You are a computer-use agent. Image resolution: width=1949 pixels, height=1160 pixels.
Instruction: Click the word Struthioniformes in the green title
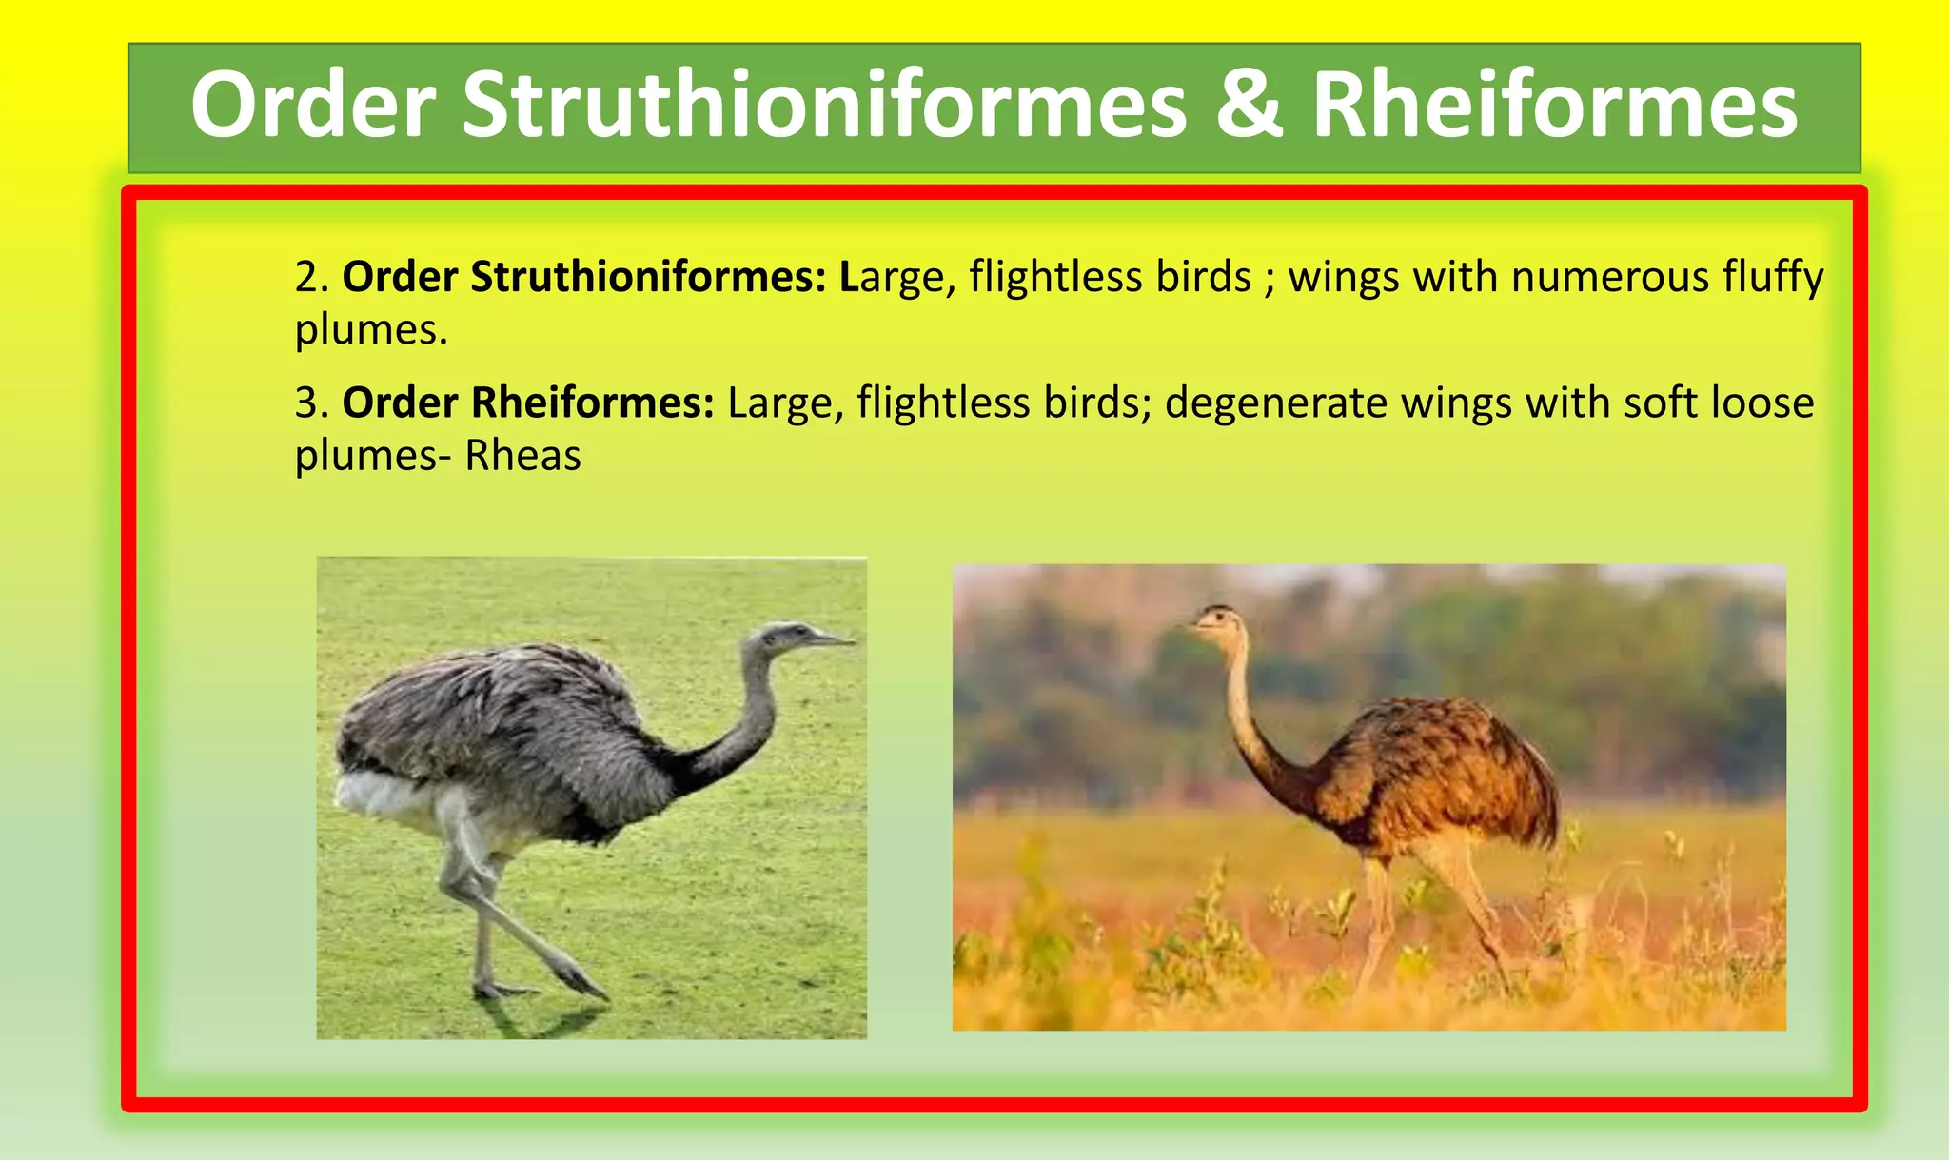coord(824,105)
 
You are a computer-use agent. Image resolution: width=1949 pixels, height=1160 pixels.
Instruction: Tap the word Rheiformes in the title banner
coord(1555,105)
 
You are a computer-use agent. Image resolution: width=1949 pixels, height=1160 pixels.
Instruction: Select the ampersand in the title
coord(1249,105)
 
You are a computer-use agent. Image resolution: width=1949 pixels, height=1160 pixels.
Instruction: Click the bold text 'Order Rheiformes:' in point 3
coord(528,403)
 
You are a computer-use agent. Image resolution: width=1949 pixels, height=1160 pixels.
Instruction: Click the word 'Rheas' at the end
coord(522,456)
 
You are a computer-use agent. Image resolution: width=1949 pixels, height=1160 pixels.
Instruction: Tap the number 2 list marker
coord(306,278)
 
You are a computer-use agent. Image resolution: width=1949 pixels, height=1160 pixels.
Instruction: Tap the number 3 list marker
coord(306,403)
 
